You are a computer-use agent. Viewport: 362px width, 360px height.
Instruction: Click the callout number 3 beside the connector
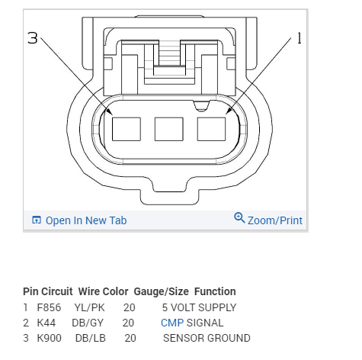tap(32, 38)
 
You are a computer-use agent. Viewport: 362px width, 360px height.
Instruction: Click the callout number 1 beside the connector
tap(300, 38)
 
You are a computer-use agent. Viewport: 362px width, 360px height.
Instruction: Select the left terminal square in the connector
tap(127, 129)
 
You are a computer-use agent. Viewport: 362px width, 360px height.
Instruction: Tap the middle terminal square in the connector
tap(169, 129)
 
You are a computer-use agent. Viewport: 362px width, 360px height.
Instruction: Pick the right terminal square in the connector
tap(211, 129)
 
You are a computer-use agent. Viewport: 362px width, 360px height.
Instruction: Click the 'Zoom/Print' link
tap(275, 220)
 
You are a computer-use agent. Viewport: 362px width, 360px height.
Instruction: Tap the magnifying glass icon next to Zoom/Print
tap(239, 218)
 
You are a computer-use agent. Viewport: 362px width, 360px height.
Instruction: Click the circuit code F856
tap(49, 307)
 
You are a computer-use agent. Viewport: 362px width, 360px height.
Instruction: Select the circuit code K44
tap(46, 323)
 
